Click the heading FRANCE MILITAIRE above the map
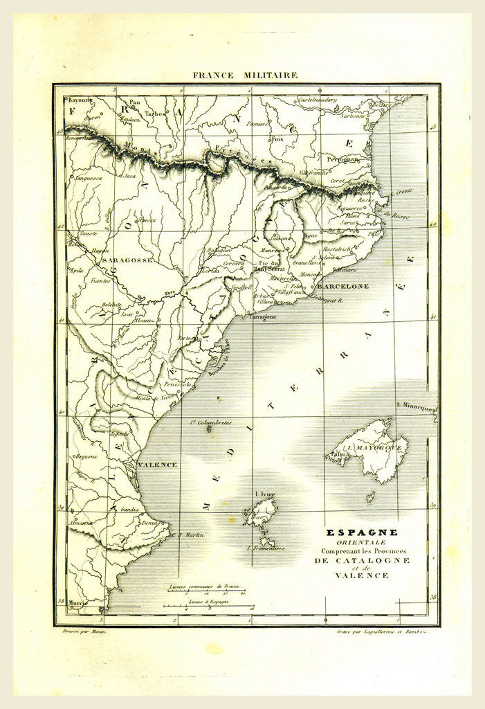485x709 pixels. pos(245,75)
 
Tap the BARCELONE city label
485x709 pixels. pos(343,286)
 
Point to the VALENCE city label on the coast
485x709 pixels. pos(157,465)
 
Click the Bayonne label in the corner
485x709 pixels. pos(80,100)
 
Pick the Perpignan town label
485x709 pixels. pos(344,159)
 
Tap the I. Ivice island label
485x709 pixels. pos(265,494)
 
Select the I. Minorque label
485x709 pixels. pos(415,404)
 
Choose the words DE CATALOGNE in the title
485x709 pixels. pos(362,560)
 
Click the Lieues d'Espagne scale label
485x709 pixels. pos(209,602)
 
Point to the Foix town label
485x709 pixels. pos(277,138)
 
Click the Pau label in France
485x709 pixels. pos(134,102)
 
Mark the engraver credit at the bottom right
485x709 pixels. pos(380,632)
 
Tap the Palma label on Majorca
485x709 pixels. pos(339,454)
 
